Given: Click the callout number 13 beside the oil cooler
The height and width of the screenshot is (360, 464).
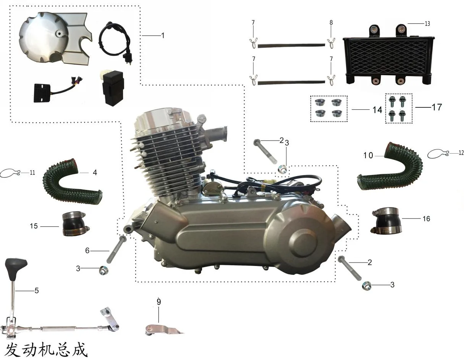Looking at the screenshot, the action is click(427, 23).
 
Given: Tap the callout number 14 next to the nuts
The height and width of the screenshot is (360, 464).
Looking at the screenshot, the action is click(377, 110).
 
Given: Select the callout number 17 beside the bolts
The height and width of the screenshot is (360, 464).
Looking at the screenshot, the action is click(437, 107).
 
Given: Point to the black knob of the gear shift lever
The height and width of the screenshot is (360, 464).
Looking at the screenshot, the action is click(16, 269).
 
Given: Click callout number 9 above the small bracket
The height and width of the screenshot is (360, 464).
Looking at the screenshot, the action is click(158, 302).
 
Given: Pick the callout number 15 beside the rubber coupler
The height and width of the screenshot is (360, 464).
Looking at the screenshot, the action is click(34, 226).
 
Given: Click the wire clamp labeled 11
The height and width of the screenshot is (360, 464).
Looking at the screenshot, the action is click(10, 173).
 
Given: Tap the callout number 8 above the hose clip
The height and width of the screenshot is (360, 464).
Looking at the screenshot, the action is click(331, 23).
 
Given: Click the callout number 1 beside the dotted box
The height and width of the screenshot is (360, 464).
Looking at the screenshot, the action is click(163, 36).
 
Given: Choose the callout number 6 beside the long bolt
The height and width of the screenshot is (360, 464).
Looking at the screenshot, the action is click(87, 250).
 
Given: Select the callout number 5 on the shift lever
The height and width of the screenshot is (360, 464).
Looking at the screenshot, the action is click(37, 290).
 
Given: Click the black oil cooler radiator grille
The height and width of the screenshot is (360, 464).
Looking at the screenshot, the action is click(388, 56).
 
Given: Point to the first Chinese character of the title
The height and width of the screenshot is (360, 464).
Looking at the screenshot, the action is click(12, 350).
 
